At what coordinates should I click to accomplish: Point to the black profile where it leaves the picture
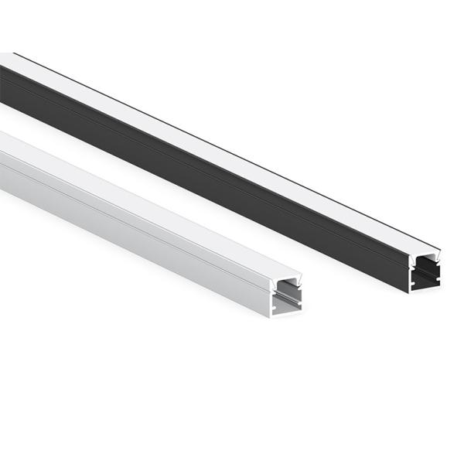4,77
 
